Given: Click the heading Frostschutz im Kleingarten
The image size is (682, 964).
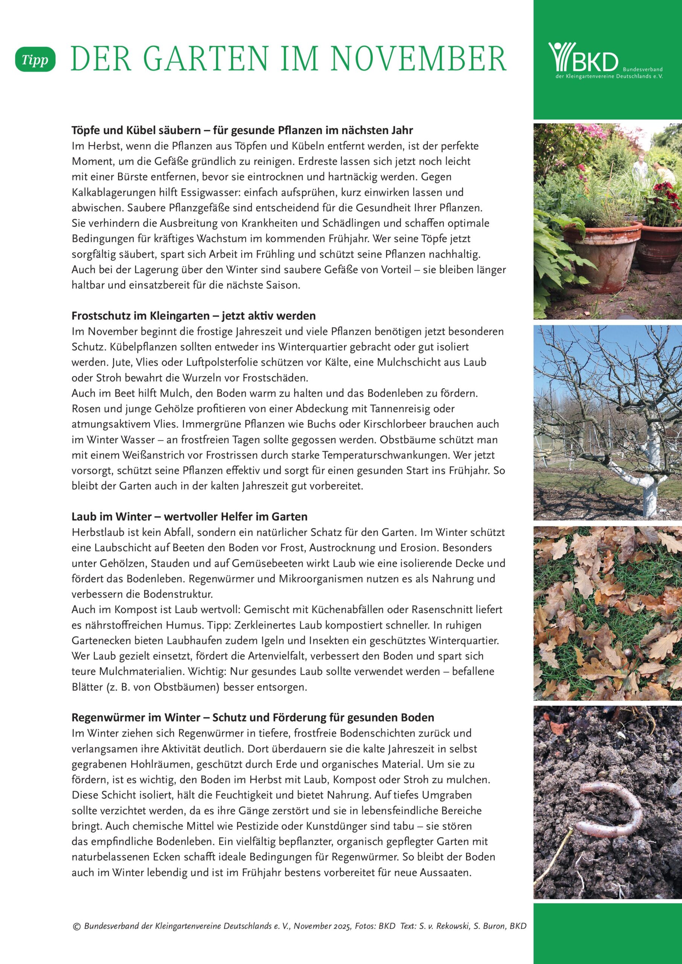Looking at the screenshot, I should tap(194, 315).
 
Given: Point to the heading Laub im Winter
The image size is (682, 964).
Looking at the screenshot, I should tap(189, 516).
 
